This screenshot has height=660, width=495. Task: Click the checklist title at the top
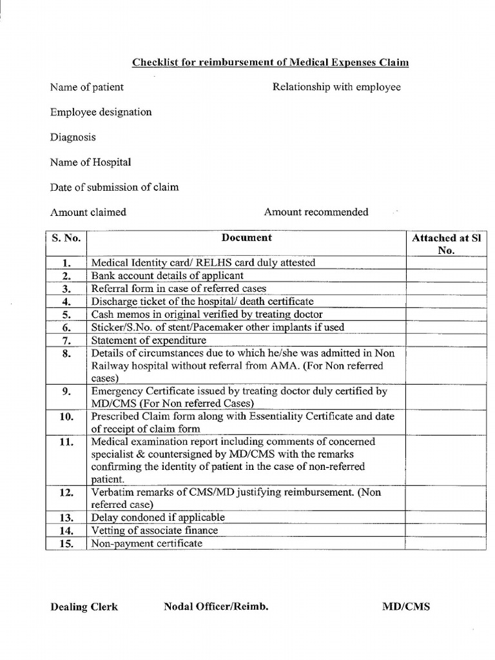tap(270, 63)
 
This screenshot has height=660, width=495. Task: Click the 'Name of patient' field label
tap(87, 87)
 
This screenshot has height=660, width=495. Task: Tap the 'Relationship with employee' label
tap(336, 87)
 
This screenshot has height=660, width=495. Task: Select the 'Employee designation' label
tap(101, 112)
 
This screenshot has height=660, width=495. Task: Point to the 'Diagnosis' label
tap(73, 137)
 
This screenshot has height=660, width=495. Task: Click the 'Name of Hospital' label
tap(90, 162)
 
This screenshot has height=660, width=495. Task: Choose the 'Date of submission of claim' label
tap(115, 188)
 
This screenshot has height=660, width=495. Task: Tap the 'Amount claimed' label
tap(88, 212)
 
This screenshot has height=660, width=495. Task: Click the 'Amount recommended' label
tap(316, 212)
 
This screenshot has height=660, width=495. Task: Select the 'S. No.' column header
tap(66, 238)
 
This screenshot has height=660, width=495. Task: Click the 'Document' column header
tap(246, 238)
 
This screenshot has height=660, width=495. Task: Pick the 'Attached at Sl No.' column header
tap(446, 244)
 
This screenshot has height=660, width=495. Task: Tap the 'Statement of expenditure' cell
tap(149, 340)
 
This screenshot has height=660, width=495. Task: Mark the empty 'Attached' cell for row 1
tap(446, 263)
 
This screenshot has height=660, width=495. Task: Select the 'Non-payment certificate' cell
tap(147, 543)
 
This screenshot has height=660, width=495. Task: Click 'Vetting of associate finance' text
tap(155, 530)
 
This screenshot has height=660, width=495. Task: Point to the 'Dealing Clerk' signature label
tap(84, 607)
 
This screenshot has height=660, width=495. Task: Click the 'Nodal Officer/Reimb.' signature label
tap(216, 607)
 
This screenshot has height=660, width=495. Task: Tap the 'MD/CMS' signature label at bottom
tap(406, 607)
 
